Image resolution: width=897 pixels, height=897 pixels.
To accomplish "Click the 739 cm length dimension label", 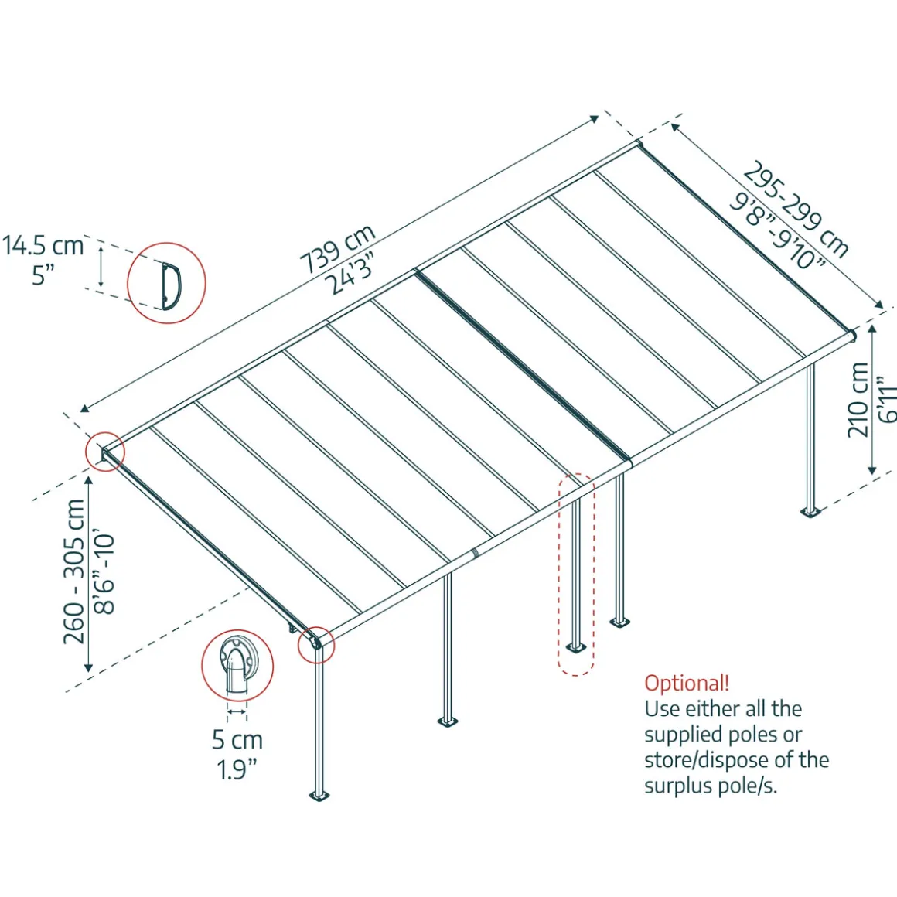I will pos(337,249).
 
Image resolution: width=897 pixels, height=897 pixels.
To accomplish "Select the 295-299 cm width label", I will pos(796,209).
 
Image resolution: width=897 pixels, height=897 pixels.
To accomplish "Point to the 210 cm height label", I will pos(858,400).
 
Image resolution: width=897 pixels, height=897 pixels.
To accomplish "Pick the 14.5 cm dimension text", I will pos(43,246).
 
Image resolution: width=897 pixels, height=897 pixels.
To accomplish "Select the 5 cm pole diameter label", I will pos(237,740).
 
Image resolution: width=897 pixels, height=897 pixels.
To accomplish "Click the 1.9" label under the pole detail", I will pos(237,769).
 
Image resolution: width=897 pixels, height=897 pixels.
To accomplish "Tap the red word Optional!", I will pos(687,683).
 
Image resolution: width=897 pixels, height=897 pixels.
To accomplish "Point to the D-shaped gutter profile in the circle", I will pos(169,283).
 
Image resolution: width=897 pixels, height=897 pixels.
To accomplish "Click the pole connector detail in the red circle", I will pos(237,666).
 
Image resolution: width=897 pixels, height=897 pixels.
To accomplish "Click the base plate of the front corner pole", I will pos(319,795).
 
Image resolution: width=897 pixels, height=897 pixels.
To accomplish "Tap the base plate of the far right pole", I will pos(810,511).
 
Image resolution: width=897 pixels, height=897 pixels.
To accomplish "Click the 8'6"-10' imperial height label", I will pos(104,572).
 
